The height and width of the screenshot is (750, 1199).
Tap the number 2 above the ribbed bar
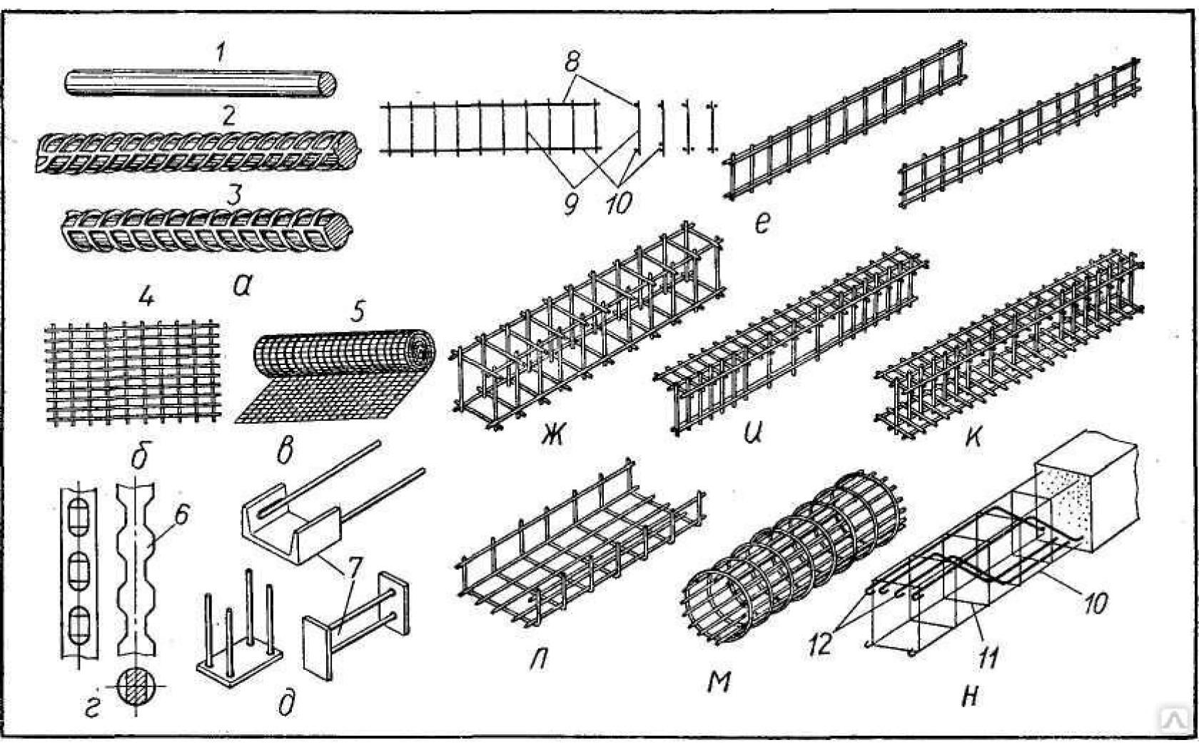[228, 116]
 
